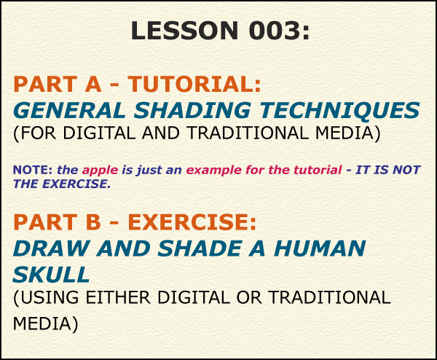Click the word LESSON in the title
(x=184, y=31)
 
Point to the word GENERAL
(x=69, y=111)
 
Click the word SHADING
(x=192, y=111)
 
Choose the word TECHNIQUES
(x=339, y=111)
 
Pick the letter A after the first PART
(x=93, y=84)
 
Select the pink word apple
(x=100, y=171)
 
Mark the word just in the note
(x=149, y=171)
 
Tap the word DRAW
(x=51, y=249)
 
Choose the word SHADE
(x=200, y=249)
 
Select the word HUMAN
(x=320, y=249)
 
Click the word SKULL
(x=51, y=275)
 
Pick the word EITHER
(x=118, y=297)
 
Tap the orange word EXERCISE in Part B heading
(x=192, y=222)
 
